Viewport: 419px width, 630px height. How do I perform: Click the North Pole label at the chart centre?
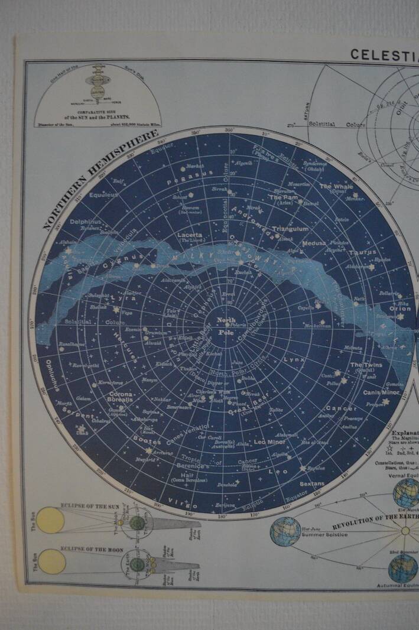tap(226, 324)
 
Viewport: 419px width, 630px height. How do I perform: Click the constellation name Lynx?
tap(294, 359)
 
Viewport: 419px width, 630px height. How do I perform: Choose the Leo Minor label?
tap(269, 442)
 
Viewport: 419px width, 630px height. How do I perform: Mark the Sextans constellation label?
tap(313, 483)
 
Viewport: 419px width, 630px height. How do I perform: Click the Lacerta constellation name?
tap(190, 235)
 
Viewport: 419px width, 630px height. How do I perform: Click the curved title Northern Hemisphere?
tap(100, 180)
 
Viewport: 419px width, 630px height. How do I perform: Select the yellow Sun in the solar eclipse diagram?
tap(50, 521)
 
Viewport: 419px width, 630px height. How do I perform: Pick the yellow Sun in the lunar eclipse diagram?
tap(51, 561)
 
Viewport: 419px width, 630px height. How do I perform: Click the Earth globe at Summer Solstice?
tap(285, 531)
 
